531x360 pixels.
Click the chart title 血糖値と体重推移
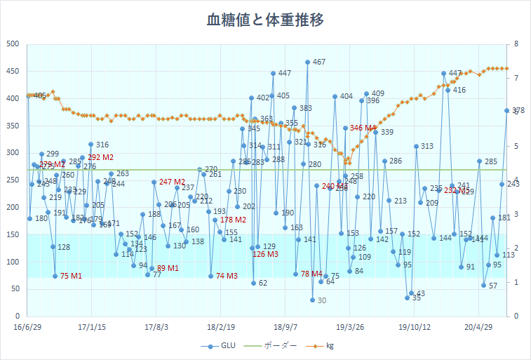265,20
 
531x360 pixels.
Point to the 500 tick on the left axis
13,44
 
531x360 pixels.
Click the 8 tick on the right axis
516,44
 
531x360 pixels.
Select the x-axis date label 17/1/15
92,326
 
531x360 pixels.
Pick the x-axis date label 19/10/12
415,326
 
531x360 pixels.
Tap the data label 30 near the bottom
322,300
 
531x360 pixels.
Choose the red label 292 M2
101,157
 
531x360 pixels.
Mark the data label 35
417,298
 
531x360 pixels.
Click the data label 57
493,286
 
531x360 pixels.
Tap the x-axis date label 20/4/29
479,326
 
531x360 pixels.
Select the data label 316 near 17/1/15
102,145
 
